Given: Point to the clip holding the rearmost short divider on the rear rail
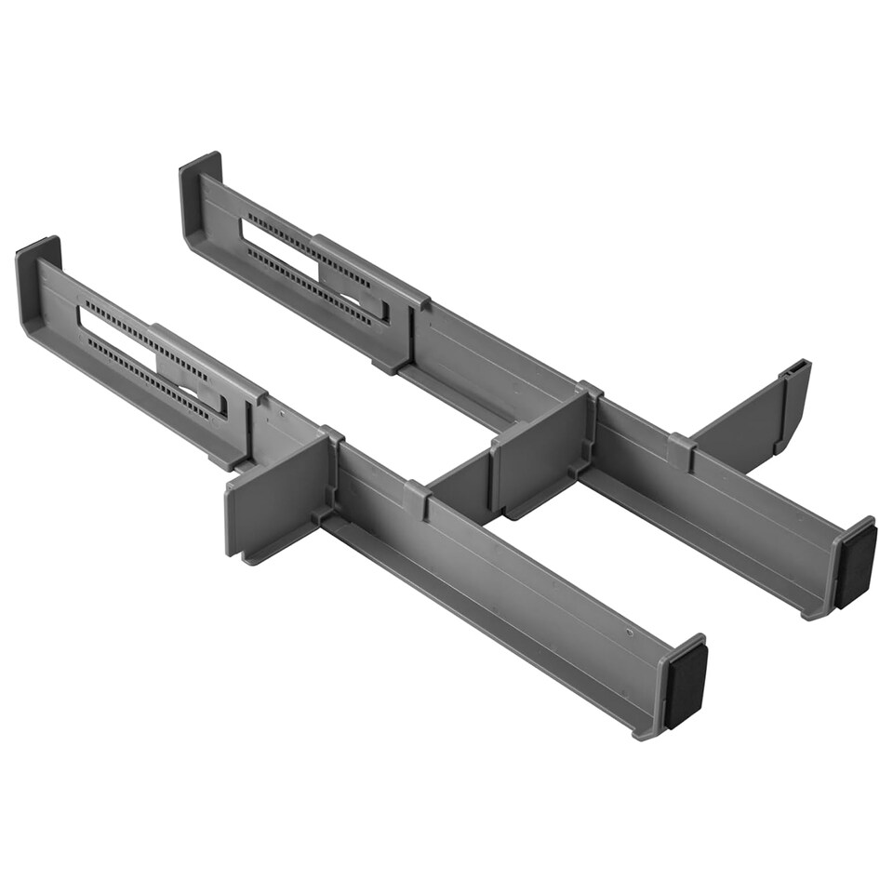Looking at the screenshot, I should click(x=681, y=450).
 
